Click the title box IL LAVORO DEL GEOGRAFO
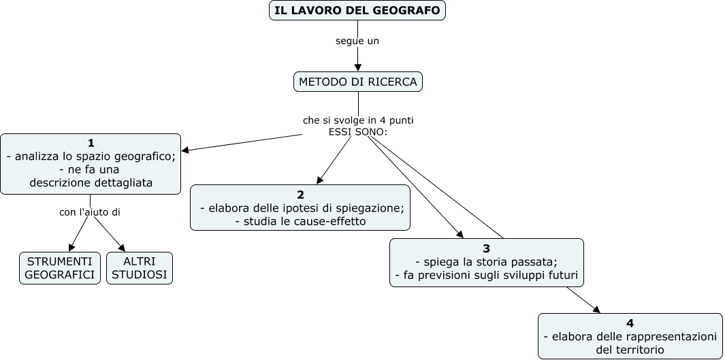357,11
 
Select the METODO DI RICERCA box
358,82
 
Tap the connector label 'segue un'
357,41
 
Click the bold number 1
91,143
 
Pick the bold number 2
300,195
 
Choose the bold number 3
486,248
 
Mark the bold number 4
630,323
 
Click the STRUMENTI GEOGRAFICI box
60,268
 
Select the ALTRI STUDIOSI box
140,268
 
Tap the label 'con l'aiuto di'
90,212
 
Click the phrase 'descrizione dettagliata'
91,182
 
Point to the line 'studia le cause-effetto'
300,221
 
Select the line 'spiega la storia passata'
486,262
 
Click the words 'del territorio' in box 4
630,350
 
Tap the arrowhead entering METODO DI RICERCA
358,67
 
